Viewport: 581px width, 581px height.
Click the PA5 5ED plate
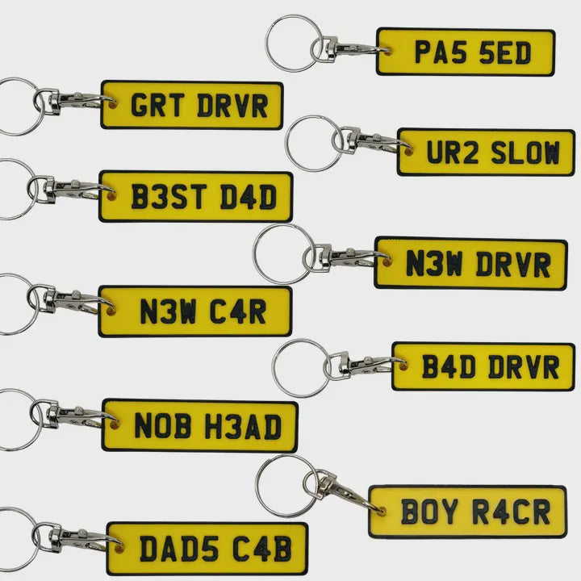click(466, 52)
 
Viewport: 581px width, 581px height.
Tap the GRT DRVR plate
click(192, 105)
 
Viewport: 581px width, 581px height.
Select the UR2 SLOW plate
click(486, 152)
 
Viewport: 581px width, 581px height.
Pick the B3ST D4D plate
click(195, 197)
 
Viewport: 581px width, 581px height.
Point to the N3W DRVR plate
click(471, 263)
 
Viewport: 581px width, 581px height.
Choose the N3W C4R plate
click(194, 311)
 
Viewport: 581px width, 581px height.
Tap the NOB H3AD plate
click(199, 425)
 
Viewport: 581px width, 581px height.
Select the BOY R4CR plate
click(468, 511)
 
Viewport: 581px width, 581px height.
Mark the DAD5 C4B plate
click(207, 548)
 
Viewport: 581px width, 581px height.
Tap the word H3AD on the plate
click(245, 425)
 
